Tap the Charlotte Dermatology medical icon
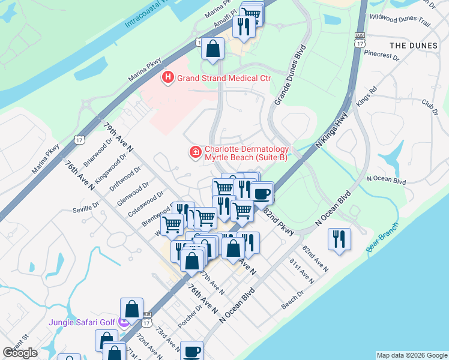coord(195,153)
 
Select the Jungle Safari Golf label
coord(82,322)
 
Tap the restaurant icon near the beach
coord(339,239)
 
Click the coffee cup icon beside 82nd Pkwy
coord(261,194)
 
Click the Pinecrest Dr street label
coord(382,55)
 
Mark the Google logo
coord(20,353)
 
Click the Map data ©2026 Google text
coord(411,355)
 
